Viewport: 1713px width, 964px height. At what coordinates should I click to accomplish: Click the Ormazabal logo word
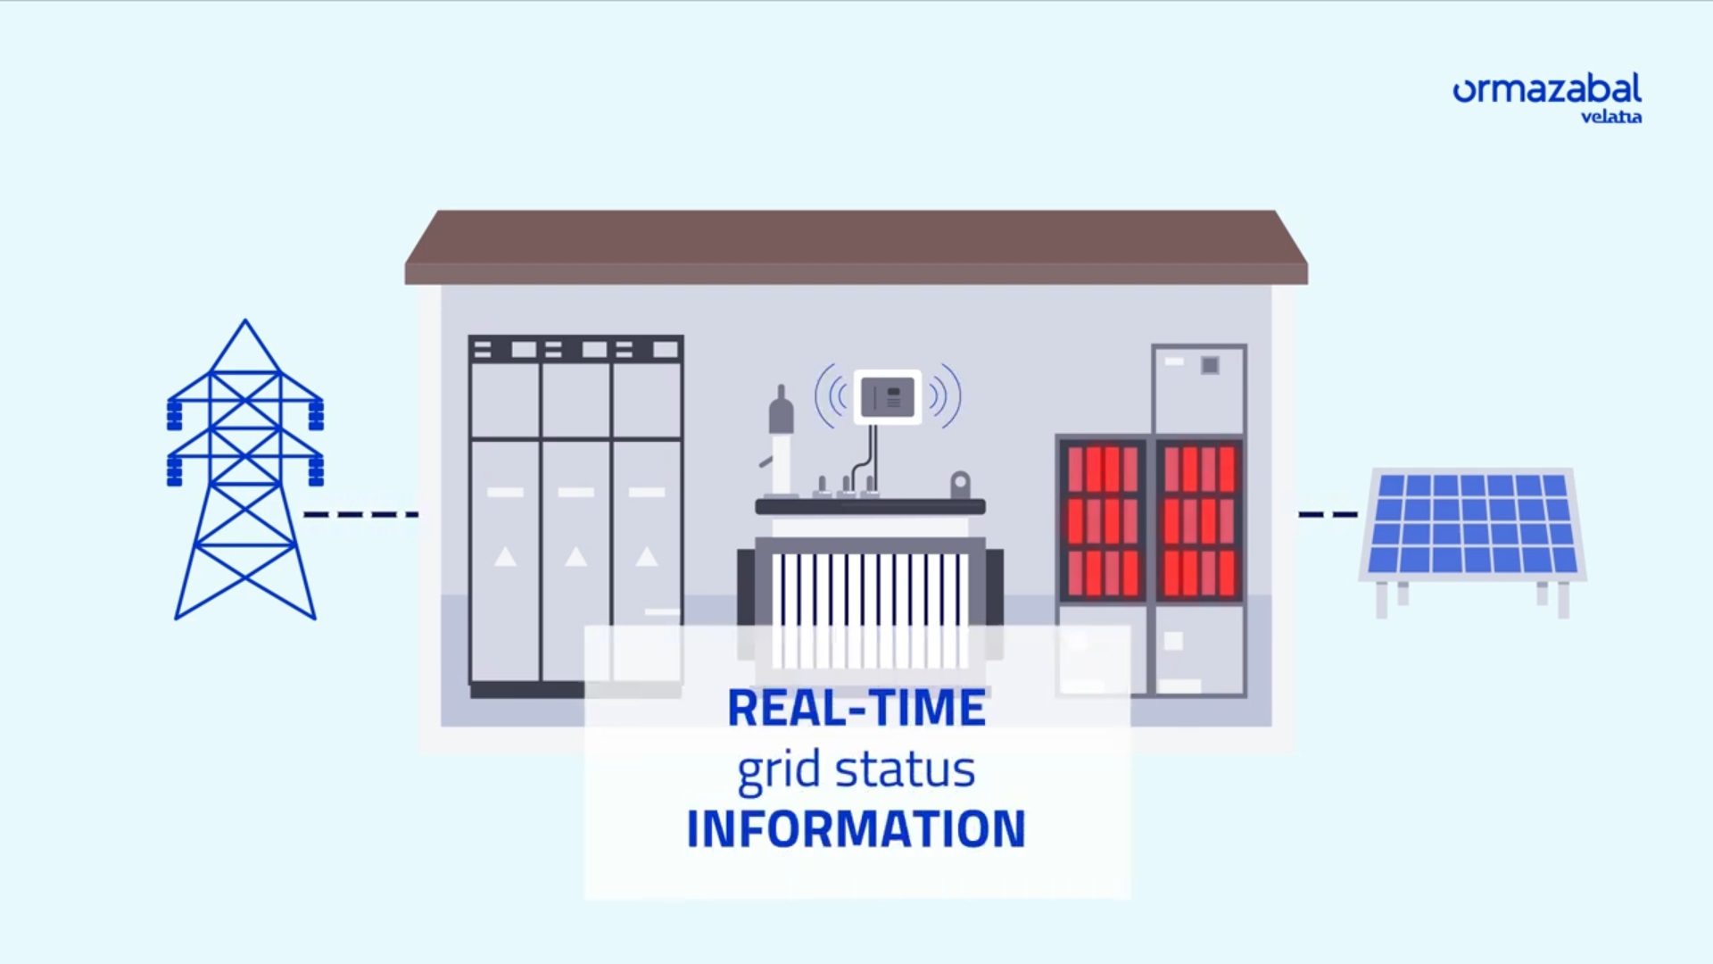[1547, 90]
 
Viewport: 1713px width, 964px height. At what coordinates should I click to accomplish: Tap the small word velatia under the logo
[1610, 117]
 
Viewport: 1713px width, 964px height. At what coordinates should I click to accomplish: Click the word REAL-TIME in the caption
[856, 708]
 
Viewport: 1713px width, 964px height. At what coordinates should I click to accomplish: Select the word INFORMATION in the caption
[856, 828]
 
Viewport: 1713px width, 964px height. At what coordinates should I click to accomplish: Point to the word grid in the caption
[778, 770]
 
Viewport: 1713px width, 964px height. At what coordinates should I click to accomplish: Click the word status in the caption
[905, 769]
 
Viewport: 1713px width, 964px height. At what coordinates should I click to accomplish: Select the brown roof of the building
[856, 245]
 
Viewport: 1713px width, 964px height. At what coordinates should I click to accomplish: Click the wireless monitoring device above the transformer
[888, 396]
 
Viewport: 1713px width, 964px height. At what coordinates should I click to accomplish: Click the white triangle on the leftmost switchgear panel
[505, 557]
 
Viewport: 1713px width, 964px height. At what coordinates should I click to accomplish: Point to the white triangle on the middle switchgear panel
[576, 557]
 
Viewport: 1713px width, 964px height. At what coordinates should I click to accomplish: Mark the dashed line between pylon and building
[360, 514]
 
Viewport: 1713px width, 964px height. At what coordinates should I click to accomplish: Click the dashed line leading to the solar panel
[1328, 514]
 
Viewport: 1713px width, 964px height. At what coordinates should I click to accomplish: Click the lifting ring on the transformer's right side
[960, 485]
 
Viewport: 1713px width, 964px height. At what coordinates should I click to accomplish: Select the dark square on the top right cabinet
[1210, 365]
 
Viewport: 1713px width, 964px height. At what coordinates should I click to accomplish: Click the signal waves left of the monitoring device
[831, 395]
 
